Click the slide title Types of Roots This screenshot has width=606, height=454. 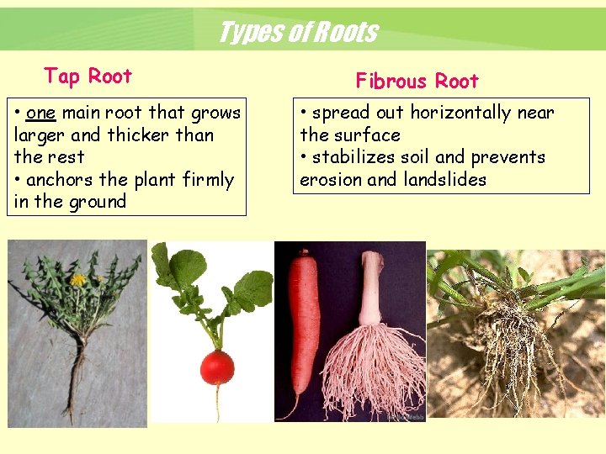tap(297, 33)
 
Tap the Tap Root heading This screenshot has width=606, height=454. tap(88, 77)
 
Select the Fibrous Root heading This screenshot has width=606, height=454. tap(417, 82)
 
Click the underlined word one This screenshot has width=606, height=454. tap(40, 113)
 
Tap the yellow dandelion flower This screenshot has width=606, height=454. tap(78, 279)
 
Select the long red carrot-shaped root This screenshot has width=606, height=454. tap(300, 328)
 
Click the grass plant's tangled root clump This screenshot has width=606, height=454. tap(505, 345)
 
